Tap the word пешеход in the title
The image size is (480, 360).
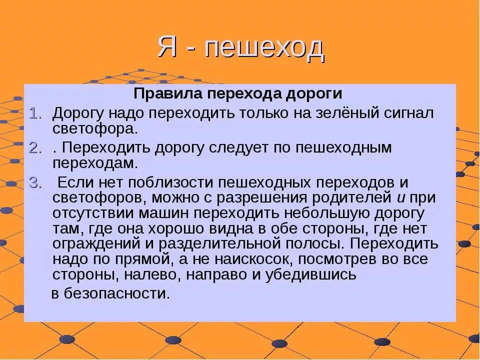tap(264, 48)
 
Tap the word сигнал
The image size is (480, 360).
tap(409, 112)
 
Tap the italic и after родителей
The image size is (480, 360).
tap(401, 197)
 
